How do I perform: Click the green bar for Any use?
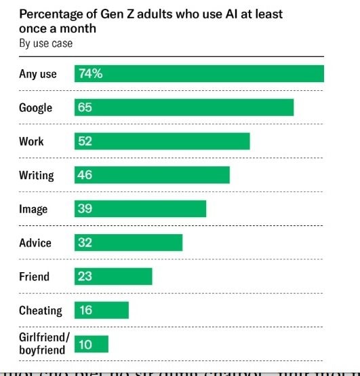[x=199, y=73]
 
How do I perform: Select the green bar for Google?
[x=184, y=107]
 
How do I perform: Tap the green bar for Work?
[x=162, y=141]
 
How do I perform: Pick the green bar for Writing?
[x=152, y=175]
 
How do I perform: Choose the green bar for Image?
[x=140, y=209]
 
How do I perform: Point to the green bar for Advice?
[x=128, y=243]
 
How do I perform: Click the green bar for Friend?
[x=113, y=277]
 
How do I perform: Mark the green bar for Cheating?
[x=101, y=310]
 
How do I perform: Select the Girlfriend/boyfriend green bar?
[x=91, y=344]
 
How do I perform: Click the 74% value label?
[x=90, y=73]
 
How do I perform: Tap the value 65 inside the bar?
[x=85, y=107]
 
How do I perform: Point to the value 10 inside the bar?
[x=85, y=345]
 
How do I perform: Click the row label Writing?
[x=36, y=175]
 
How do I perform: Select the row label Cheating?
[x=40, y=311]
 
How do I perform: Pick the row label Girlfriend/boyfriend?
[x=44, y=344]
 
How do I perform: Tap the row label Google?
[x=35, y=108]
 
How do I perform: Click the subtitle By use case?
[x=45, y=43]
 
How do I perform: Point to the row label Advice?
[x=35, y=243]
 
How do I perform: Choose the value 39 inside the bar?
[x=85, y=209]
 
